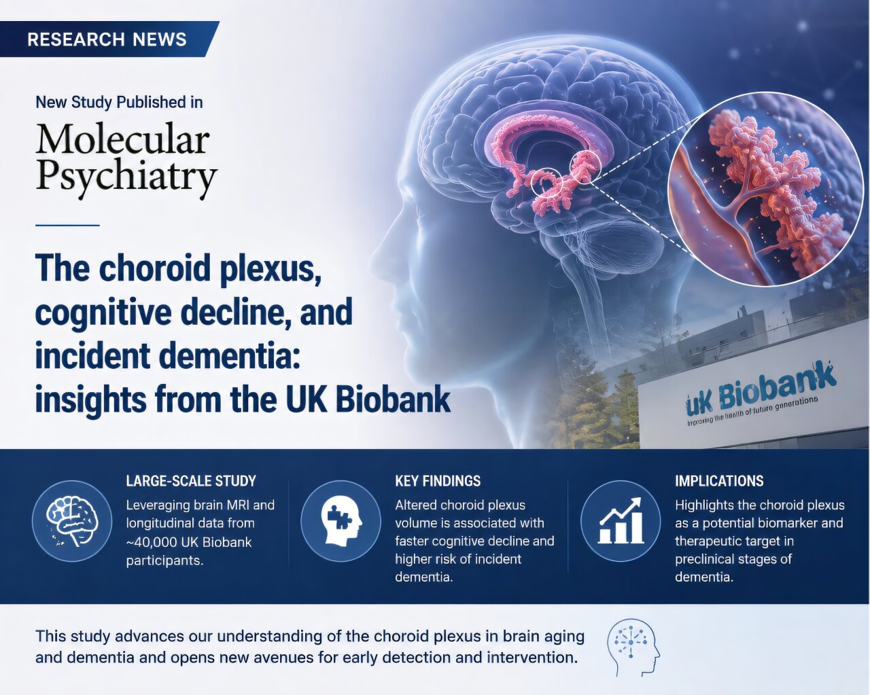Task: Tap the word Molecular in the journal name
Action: tap(123, 139)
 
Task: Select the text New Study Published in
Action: tap(119, 102)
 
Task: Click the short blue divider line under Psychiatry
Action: tap(67, 225)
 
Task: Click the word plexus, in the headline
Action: tap(270, 270)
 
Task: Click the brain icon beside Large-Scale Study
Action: tap(72, 520)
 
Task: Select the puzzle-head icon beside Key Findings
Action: tap(341, 520)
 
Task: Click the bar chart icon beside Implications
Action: tap(621, 520)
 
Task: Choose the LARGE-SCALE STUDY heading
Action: tap(191, 481)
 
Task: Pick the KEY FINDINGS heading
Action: tap(438, 481)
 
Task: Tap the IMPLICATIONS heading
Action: tap(719, 481)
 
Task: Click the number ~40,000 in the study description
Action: tap(152, 542)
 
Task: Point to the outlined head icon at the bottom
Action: tap(633, 647)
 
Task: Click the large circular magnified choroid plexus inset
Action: tap(766, 189)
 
